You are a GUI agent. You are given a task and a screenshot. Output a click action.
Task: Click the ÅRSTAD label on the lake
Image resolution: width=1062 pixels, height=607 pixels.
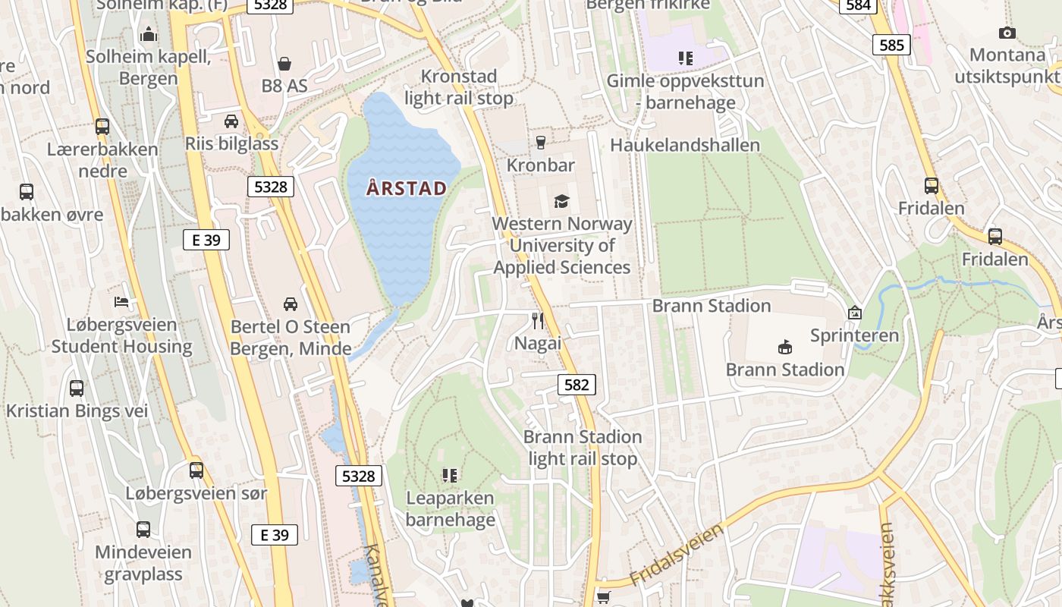406,188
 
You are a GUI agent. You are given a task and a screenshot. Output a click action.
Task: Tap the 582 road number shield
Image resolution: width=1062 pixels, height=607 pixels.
577,385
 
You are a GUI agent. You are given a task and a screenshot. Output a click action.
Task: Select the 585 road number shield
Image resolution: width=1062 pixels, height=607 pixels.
891,45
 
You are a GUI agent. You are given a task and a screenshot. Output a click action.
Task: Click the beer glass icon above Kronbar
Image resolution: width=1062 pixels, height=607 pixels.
540,143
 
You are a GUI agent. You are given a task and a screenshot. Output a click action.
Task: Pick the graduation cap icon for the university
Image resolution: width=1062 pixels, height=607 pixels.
561,201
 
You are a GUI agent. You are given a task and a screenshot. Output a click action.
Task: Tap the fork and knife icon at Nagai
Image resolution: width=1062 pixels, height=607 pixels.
538,321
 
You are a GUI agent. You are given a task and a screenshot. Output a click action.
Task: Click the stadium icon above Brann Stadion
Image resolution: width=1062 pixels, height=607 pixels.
785,348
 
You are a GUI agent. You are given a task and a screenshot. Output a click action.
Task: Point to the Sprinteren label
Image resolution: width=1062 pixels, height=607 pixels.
854,335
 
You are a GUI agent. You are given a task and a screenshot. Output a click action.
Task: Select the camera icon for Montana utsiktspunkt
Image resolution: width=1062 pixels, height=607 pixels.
1007,33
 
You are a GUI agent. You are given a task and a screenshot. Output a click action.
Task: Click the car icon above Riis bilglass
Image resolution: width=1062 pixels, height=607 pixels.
231,121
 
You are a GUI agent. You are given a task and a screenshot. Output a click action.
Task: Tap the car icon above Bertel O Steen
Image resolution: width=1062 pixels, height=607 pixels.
290,304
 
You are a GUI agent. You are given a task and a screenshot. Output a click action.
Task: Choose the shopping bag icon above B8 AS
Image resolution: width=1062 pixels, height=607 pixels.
284,63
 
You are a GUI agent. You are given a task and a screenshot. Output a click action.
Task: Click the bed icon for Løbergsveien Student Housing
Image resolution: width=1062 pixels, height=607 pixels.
121,302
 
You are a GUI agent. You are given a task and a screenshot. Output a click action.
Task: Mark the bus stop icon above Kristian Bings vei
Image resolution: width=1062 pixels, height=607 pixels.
77,388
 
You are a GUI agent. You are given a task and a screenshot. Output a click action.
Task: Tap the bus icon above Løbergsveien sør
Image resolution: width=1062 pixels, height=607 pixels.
196,470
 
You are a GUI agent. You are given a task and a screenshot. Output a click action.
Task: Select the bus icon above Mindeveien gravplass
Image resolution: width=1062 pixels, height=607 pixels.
143,530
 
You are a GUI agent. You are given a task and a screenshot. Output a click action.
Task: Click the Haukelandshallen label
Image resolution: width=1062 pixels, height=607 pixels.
685,145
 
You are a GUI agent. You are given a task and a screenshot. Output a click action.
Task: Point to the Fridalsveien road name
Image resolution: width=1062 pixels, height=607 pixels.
677,554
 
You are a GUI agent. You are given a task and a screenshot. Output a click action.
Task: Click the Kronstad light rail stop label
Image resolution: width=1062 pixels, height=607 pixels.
459,87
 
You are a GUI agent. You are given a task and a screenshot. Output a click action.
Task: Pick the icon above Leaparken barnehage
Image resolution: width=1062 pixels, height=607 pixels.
450,476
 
